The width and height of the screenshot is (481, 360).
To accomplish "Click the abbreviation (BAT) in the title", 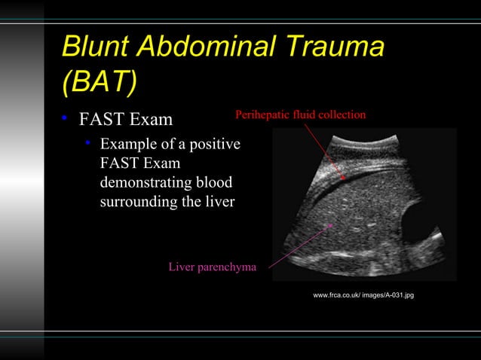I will pos(99,84).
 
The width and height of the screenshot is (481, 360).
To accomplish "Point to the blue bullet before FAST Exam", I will pos(66,119).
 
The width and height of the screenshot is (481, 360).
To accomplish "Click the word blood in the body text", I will pos(213,184).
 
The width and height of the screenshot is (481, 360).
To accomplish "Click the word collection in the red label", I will pos(342,114).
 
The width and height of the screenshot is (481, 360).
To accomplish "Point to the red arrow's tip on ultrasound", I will pos(344,178).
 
